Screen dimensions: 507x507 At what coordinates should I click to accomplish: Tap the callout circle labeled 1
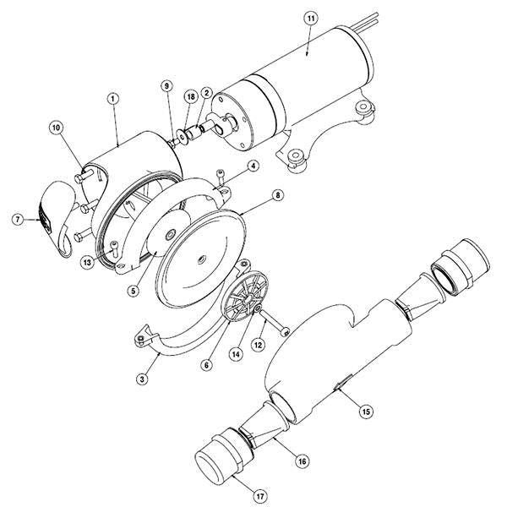point(112,99)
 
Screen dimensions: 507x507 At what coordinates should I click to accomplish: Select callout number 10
point(57,128)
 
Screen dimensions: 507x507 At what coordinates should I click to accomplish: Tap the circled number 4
point(253,168)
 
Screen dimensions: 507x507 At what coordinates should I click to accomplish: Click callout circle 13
point(87,262)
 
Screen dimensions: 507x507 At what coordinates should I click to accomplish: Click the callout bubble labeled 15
point(365,412)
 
